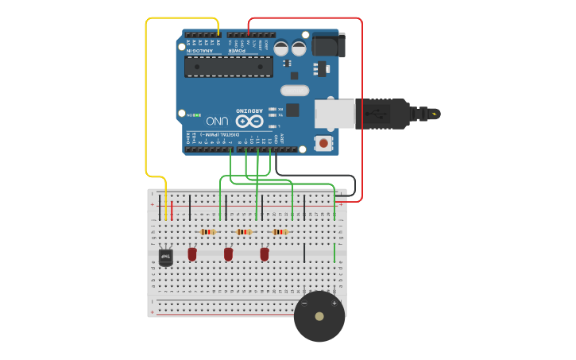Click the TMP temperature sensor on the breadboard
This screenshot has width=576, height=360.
tap(166, 257)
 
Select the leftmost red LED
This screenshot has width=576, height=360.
tap(192, 254)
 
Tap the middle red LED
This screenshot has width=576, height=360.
tap(229, 254)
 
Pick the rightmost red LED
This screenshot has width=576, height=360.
tap(265, 254)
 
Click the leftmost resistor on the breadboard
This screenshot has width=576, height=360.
tap(207, 232)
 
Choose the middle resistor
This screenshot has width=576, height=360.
tap(244, 232)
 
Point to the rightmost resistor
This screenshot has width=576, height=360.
tap(280, 232)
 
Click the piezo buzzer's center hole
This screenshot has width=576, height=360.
tap(319, 316)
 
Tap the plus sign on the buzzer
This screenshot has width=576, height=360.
tap(334, 303)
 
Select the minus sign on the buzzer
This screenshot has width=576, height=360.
tap(304, 303)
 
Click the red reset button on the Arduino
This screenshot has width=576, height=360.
tap(323, 144)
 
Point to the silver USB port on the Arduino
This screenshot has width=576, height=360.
tap(334, 114)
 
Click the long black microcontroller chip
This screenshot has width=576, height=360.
tap(229, 66)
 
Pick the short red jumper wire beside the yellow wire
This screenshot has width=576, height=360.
tap(172, 211)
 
